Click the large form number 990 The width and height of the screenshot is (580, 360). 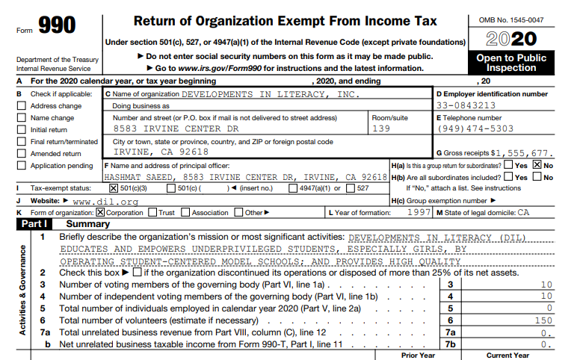coord(56,27)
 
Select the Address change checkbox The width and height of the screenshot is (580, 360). coord(21,106)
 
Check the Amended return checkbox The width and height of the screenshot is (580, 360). coord(21,154)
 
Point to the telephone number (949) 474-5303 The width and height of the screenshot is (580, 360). coord(475,128)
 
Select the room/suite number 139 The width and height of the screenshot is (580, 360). coord(381,128)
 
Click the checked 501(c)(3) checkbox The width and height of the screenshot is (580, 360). coord(114,188)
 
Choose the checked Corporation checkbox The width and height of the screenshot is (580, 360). coord(102,212)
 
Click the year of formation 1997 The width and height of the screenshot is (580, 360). coord(419,212)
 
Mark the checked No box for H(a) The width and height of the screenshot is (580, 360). coord(537,165)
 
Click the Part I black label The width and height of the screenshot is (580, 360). coord(35,224)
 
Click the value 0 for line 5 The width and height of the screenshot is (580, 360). coord(549,308)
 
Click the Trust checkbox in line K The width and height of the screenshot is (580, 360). coord(152,212)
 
